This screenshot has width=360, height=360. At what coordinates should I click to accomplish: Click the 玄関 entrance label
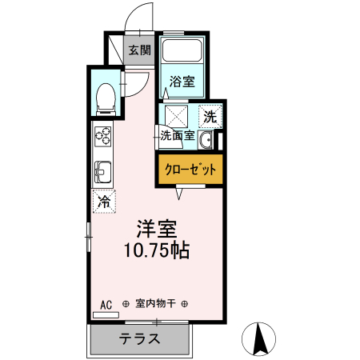click(x=139, y=50)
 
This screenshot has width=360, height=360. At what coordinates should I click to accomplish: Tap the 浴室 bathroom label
click(x=182, y=81)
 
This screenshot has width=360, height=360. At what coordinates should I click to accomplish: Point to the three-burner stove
click(x=104, y=138)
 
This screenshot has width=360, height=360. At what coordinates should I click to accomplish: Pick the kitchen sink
click(x=104, y=171)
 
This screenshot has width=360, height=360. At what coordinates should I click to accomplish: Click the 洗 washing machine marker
click(x=209, y=115)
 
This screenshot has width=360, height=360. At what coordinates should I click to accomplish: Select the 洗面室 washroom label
click(x=178, y=135)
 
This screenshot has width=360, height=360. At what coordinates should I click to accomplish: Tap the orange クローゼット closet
click(x=190, y=170)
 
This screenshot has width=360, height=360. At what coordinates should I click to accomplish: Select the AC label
click(x=106, y=304)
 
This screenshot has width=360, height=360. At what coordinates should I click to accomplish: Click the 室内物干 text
click(x=155, y=304)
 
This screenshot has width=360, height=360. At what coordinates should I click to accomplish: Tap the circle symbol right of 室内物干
click(x=185, y=304)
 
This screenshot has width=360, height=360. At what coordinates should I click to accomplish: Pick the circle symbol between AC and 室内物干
click(x=126, y=304)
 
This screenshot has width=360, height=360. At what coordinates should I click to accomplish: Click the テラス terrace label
click(x=141, y=338)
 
